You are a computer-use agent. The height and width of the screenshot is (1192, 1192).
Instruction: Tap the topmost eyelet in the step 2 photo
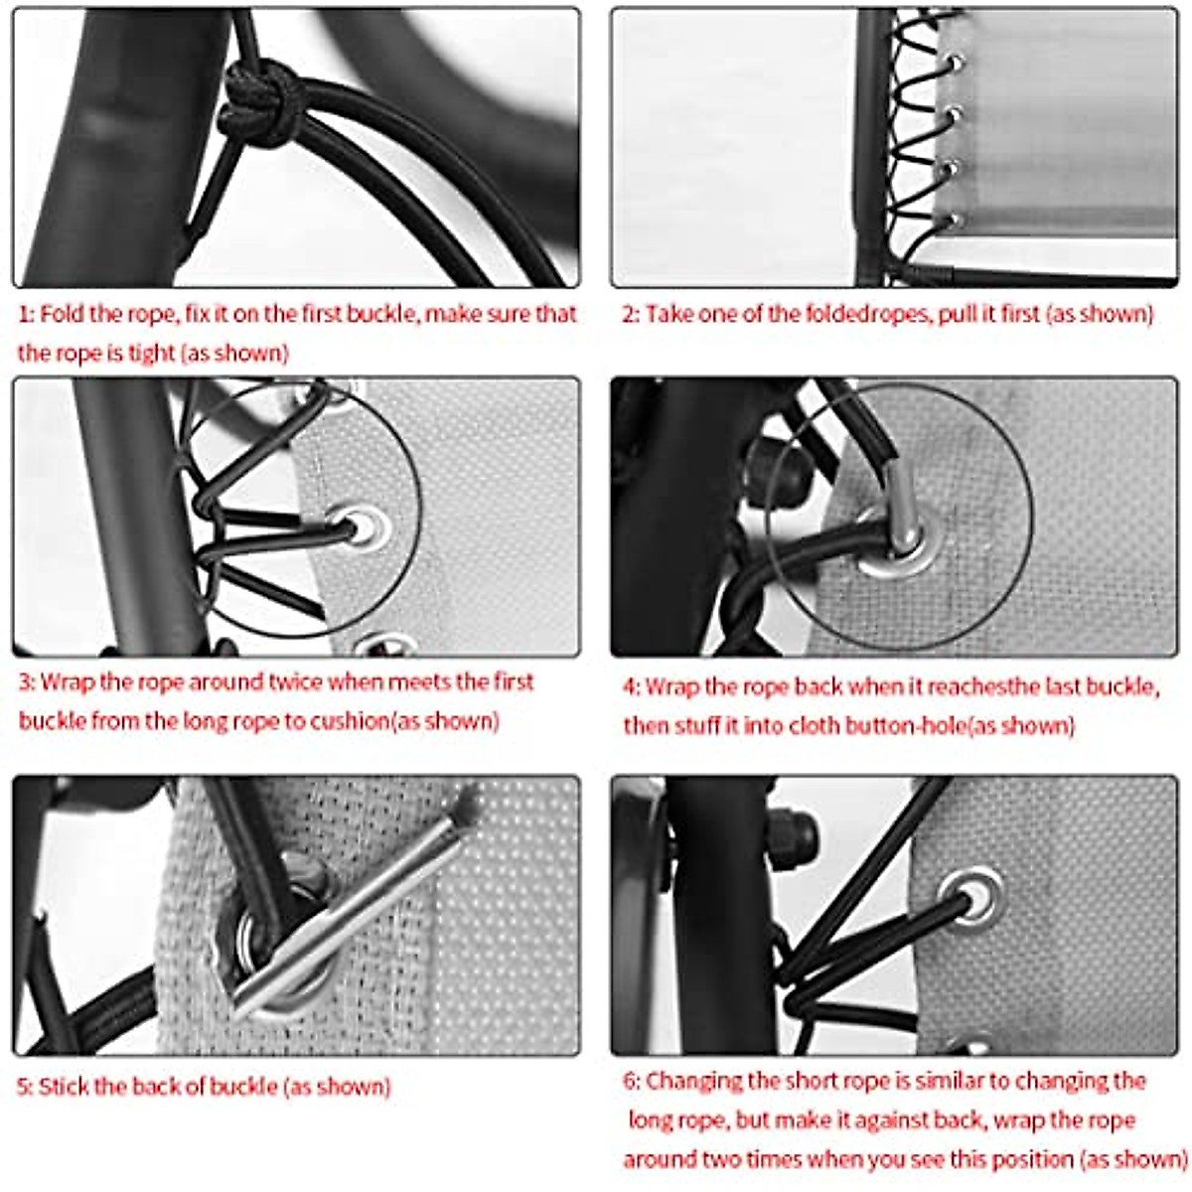(x=954, y=64)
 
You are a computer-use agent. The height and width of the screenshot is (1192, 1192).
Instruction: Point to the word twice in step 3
(x=295, y=682)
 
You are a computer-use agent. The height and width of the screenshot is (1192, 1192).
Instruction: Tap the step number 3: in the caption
(x=27, y=682)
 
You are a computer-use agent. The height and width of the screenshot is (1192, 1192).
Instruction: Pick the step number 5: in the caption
(x=26, y=1086)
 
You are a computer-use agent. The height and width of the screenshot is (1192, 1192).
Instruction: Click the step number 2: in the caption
(x=631, y=315)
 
